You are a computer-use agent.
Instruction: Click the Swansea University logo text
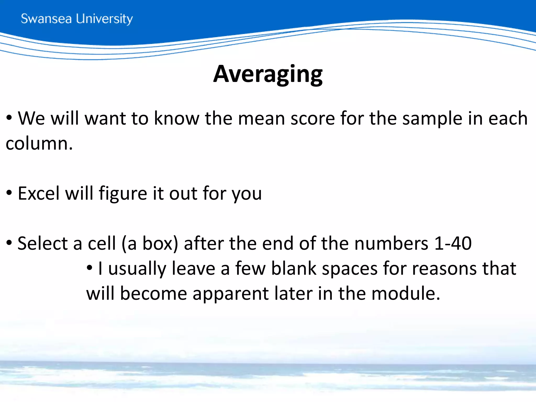77,19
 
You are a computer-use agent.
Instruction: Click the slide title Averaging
268,74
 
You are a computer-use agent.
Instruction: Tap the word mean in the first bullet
261,118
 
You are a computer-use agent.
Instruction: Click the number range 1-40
453,243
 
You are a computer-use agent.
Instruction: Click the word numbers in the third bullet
391,243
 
